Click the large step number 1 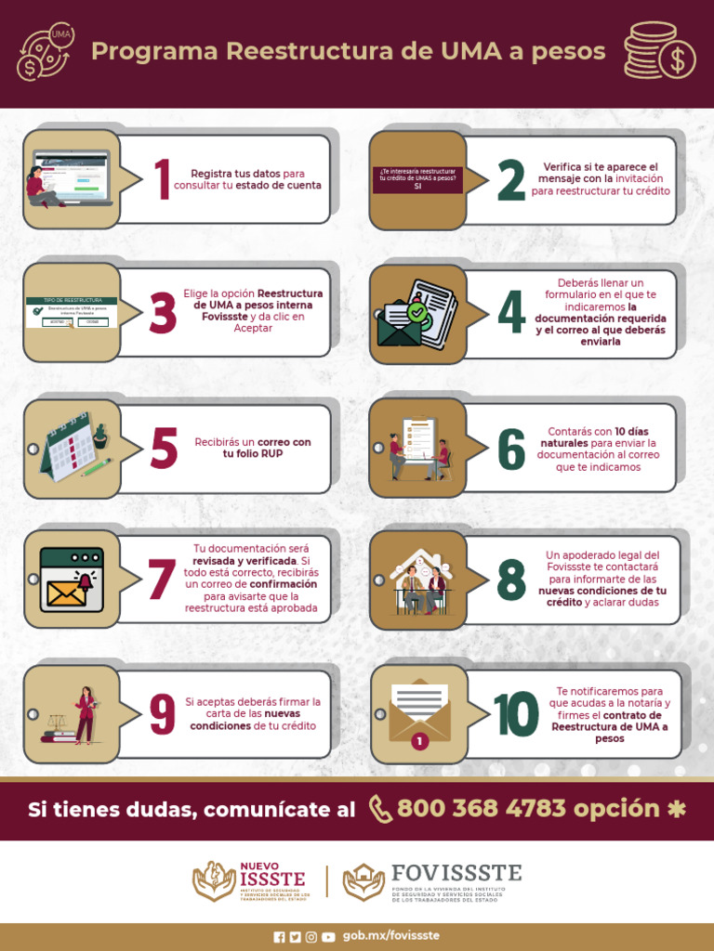coord(163,179)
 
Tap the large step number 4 coord(510,312)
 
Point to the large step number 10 coord(516,714)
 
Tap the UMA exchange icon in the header coord(47,53)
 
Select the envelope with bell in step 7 coord(72,580)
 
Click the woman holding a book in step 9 coord(86,714)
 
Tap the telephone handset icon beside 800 coord(380,809)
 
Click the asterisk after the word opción coord(677,809)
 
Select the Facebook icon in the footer coord(279,937)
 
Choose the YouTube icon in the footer coord(328,937)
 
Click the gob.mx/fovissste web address coord(391,936)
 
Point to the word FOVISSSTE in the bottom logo coord(456,873)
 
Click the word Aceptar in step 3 coord(253,328)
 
